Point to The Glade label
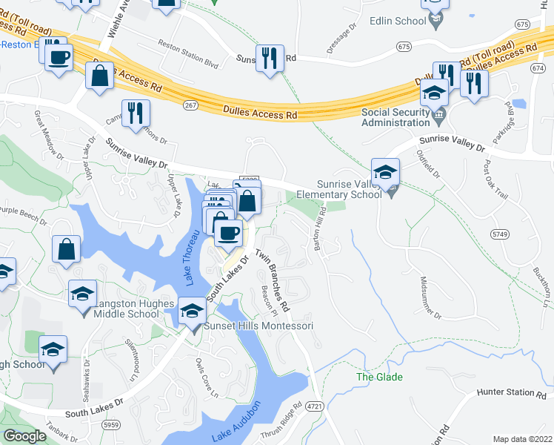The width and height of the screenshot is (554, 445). [379, 378]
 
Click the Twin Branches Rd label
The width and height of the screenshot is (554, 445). [273, 280]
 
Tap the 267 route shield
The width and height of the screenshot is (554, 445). [190, 105]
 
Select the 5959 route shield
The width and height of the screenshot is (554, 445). [111, 425]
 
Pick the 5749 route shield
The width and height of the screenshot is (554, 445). [499, 234]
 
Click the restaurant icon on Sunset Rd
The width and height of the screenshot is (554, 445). [269, 59]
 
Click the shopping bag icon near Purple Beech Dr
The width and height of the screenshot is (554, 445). [67, 250]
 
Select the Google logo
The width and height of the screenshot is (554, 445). [24, 436]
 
